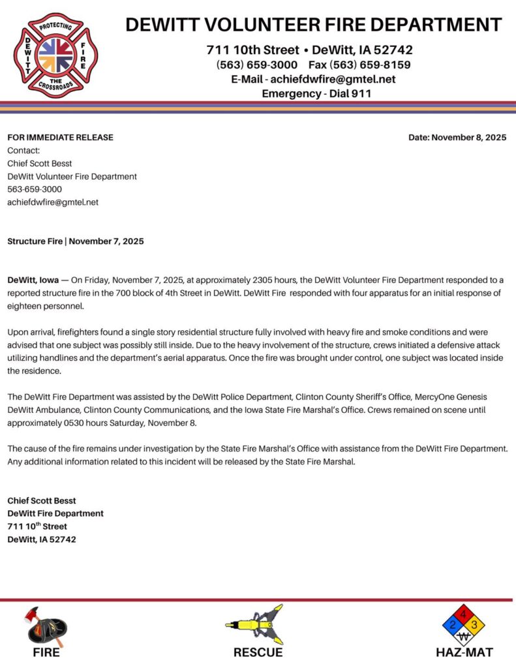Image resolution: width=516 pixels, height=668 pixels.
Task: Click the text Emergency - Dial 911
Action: [x=316, y=93]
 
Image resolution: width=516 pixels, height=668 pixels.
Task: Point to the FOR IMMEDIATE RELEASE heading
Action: [x=60, y=137]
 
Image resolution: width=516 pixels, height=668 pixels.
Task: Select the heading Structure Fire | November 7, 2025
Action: [x=76, y=241]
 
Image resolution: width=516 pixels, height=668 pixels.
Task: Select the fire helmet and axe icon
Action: [x=46, y=626]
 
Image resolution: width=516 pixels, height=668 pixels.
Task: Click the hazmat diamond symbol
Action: [x=464, y=625]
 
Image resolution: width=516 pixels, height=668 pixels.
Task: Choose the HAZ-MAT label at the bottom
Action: [x=464, y=652]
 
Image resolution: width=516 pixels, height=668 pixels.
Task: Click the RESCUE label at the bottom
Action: [x=258, y=652]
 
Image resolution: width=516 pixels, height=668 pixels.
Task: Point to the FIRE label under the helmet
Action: [x=46, y=652]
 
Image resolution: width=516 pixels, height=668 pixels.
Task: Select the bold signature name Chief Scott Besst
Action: [x=42, y=500]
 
